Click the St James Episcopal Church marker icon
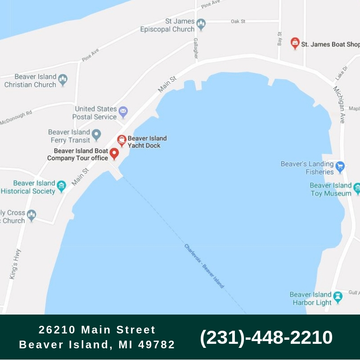(x=201, y=25)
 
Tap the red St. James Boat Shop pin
(x=295, y=43)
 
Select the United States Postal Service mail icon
(x=123, y=112)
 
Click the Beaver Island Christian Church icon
(x=63, y=80)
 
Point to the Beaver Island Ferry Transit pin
(x=96, y=135)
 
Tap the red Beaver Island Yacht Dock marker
(x=121, y=140)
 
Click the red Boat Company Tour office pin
(x=114, y=154)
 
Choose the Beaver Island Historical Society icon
(x=62, y=186)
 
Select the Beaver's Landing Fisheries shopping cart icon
(x=340, y=167)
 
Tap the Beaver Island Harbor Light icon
(x=337, y=297)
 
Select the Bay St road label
(x=279, y=39)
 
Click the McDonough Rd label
(x=16, y=118)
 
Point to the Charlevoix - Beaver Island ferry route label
(x=204, y=266)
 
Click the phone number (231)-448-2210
(x=266, y=337)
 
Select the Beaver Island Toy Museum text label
(x=331, y=189)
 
